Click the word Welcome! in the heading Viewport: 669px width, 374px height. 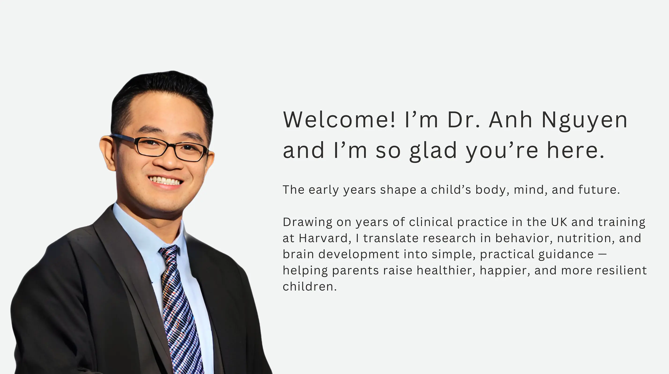point(339,120)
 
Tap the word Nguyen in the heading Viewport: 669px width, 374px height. point(585,121)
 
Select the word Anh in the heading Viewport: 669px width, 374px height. point(510,120)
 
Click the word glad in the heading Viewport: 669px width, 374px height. point(433,151)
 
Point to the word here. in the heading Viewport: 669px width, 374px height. point(576,150)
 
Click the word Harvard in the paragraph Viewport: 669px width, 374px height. point(323,238)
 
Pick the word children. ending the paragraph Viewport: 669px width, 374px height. point(310,287)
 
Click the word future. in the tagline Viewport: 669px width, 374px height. point(599,190)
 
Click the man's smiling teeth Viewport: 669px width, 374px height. point(165,180)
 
